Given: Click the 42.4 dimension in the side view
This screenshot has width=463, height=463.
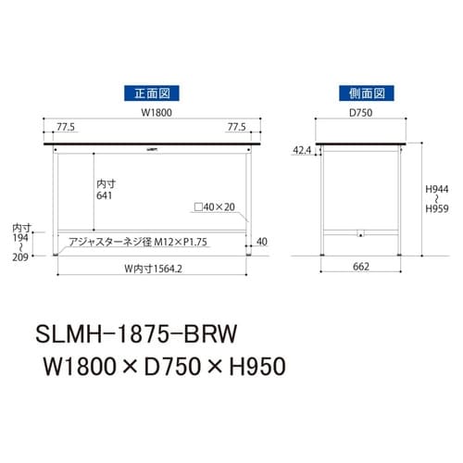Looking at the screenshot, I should point(302,150).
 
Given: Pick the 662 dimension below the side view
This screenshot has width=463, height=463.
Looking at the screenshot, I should point(360,269).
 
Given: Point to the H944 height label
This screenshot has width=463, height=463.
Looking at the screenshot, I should point(437,187).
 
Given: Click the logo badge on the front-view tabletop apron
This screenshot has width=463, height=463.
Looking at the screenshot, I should point(152,147).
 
